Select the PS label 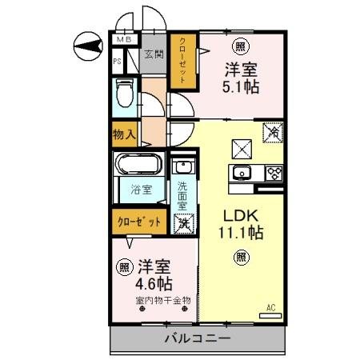coord(116,60)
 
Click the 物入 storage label coord(123,134)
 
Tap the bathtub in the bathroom coord(139,166)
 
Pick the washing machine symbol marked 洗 coord(182,225)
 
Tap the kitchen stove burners coord(274,172)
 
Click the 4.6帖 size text coord(154,282)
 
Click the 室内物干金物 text coord(163,302)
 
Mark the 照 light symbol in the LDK coord(240,256)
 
